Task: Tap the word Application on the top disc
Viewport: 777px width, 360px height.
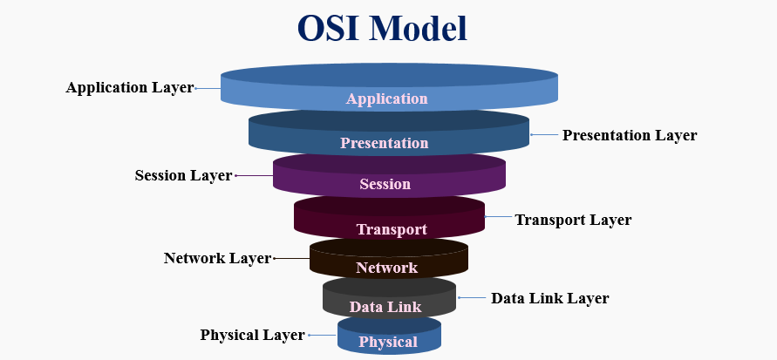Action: [x=387, y=98]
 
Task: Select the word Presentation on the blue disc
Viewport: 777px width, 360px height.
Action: [x=385, y=143]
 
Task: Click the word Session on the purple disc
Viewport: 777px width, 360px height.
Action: [x=385, y=184]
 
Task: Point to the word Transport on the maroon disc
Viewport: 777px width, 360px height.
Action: [x=392, y=229]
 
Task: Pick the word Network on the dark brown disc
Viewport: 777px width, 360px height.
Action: [x=386, y=268]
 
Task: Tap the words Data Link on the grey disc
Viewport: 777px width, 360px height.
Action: [x=385, y=306]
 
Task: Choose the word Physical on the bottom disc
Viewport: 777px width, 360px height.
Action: [x=388, y=342]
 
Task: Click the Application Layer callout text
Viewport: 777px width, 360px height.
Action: [x=129, y=88]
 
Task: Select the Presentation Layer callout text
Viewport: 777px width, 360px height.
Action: [x=630, y=135]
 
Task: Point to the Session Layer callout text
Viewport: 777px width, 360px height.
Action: [x=183, y=175]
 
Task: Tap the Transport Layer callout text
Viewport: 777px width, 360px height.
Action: [x=573, y=220]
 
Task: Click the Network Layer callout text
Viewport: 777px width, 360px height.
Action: [x=217, y=258]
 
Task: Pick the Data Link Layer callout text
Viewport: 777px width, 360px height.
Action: [x=550, y=298]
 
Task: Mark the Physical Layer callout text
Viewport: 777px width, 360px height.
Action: [x=252, y=335]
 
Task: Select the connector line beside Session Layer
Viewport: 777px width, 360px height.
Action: [x=253, y=175]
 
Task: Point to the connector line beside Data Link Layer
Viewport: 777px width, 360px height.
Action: [x=471, y=298]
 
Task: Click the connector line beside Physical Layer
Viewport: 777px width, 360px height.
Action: [x=322, y=335]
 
